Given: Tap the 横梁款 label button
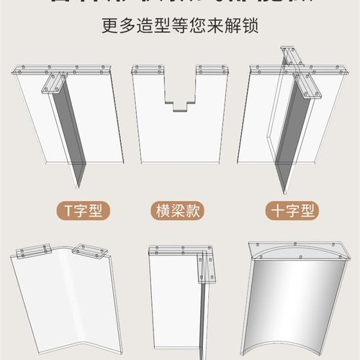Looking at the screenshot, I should coord(177,211).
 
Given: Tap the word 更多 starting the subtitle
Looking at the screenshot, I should coord(116,27).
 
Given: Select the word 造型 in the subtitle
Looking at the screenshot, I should coord(148,27).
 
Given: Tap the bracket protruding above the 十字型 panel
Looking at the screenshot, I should coord(288,56).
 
